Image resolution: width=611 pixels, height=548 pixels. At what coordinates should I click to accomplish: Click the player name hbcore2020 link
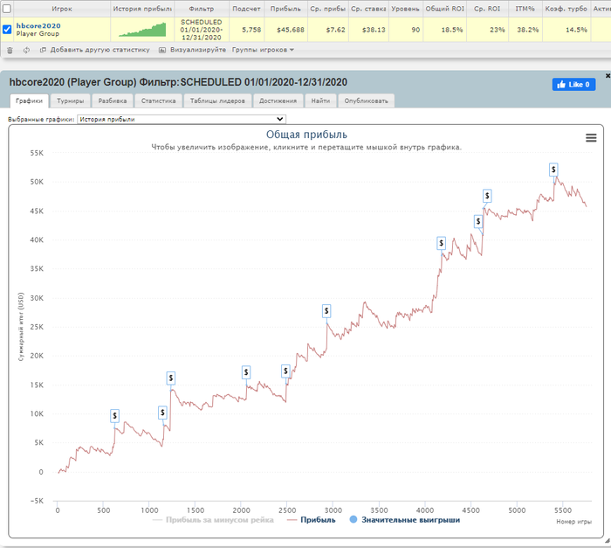click(38, 25)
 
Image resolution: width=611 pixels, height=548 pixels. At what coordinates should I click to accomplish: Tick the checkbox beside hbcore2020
click(8, 28)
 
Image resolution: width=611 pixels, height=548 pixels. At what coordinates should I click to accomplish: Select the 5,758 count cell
click(251, 29)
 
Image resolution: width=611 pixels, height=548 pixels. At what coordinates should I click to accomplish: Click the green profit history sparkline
click(141, 30)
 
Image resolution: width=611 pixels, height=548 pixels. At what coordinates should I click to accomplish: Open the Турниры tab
click(71, 101)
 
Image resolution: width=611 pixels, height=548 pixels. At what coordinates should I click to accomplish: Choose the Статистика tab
click(158, 101)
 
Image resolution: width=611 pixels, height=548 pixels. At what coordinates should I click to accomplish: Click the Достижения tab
click(278, 101)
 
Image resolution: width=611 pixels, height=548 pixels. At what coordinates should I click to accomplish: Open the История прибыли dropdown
click(182, 118)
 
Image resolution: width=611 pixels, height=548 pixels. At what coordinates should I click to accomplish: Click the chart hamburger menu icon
click(591, 137)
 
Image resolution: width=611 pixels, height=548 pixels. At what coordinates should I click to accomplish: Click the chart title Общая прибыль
click(305, 135)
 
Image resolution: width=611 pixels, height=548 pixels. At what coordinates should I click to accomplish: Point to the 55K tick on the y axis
click(36, 153)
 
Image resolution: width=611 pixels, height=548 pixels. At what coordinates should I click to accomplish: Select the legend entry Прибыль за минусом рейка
click(213, 520)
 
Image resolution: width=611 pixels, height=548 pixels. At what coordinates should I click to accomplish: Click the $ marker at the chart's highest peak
click(553, 169)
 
